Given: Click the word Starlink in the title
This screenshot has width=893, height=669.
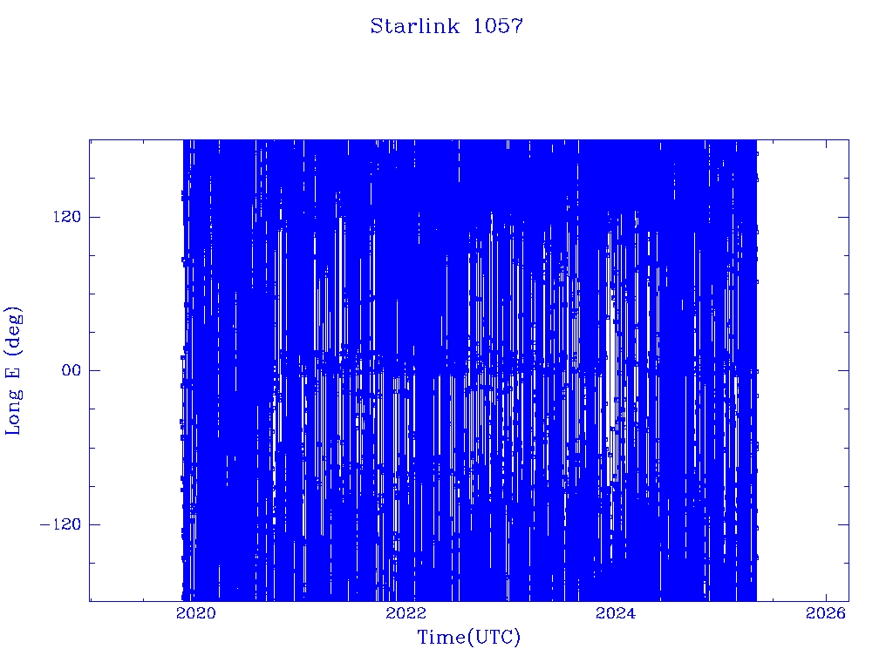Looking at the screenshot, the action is pos(414,26).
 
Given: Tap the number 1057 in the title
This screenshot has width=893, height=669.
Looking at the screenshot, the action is pos(498,26).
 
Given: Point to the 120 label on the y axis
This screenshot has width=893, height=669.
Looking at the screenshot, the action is pos(67,217).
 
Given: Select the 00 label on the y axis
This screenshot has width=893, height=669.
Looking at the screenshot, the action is pos(72,370).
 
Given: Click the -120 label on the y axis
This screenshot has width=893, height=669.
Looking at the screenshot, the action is pos(60,524).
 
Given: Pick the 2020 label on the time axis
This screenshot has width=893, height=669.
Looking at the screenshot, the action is pos(196,612).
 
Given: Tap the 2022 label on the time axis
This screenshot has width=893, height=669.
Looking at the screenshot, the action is pos(406,612).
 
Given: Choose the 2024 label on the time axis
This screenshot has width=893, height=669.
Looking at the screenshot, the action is pos(616,612).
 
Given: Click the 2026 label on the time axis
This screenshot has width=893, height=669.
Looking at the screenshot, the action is pos(826,612).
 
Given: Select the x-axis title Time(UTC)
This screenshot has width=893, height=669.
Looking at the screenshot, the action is pos(468,638).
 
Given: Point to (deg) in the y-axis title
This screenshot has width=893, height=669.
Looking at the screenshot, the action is pos(13,330).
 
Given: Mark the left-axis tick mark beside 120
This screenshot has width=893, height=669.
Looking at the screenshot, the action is pos(94,217).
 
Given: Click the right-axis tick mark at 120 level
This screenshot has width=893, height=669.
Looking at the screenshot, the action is pos(843,217).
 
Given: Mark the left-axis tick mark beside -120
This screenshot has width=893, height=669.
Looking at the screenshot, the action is pos(94,524).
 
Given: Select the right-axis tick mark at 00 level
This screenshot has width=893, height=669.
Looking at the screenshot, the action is pos(843,370).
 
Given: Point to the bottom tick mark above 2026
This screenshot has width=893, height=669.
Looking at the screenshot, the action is pos(826,596).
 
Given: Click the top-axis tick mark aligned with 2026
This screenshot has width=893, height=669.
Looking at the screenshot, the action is pos(826,145).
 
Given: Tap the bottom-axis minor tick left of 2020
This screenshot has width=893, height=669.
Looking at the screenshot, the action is pos(144,598).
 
